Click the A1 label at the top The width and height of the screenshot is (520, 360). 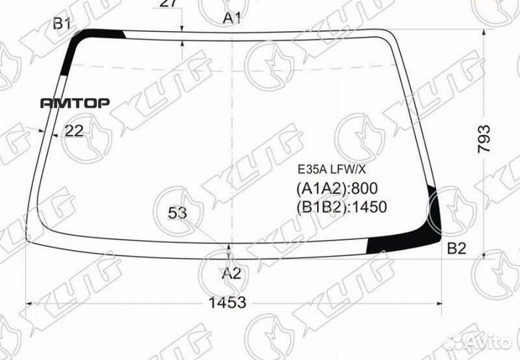(x=231, y=18)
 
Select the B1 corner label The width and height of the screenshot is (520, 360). (x=61, y=24)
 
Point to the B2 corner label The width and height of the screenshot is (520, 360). (x=456, y=249)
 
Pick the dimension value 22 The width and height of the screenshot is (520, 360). (x=74, y=130)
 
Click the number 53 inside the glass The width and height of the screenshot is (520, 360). (x=177, y=213)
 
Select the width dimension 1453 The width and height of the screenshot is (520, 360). (x=230, y=303)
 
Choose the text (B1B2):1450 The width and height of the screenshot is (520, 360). (x=342, y=207)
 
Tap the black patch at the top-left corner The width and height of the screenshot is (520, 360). (x=101, y=35)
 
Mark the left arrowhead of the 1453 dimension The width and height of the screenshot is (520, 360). (x=30, y=303)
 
